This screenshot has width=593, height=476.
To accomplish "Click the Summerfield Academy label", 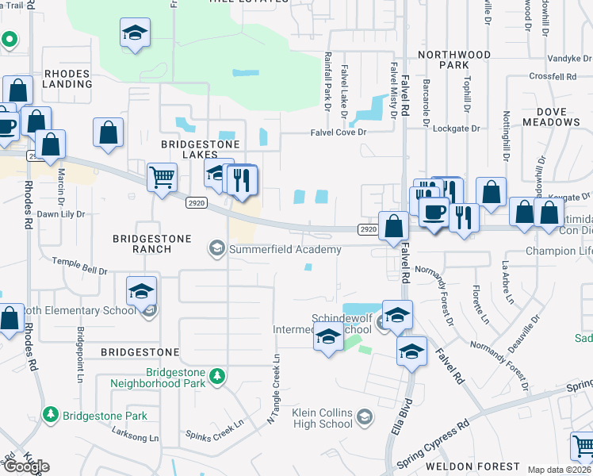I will (x=285, y=249).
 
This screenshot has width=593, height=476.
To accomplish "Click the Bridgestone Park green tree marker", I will (x=51, y=415).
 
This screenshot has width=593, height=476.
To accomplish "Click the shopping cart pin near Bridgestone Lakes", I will (x=162, y=178).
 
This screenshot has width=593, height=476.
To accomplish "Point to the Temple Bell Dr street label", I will (x=79, y=266).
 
